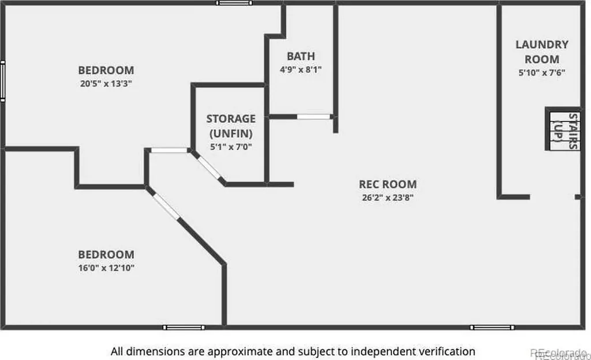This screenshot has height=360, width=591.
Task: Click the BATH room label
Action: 301,56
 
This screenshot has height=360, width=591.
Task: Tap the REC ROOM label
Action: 388,184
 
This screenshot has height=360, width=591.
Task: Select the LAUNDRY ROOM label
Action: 542,52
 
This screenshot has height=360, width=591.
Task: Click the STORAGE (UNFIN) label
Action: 231,126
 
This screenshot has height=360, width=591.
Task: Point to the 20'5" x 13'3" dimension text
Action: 106,84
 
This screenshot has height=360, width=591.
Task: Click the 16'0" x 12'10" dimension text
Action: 106,268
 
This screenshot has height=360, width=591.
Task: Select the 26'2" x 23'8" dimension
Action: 388,197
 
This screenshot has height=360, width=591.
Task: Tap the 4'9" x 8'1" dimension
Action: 301,70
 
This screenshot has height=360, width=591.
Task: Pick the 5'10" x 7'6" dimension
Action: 542,73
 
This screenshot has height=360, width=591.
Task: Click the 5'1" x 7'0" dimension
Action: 231,147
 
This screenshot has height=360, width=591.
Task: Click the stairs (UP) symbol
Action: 564,129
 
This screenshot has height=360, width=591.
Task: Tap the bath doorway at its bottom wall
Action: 313,117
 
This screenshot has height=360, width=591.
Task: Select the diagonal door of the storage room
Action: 209,167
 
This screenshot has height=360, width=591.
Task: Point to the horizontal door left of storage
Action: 169,150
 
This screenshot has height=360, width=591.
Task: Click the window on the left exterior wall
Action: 3,81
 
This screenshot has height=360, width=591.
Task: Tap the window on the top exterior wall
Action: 234,3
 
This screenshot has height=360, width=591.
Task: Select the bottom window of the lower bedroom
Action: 184,327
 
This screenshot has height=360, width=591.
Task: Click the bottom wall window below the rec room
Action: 492,327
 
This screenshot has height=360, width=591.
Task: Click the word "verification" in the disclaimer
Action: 450,351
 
